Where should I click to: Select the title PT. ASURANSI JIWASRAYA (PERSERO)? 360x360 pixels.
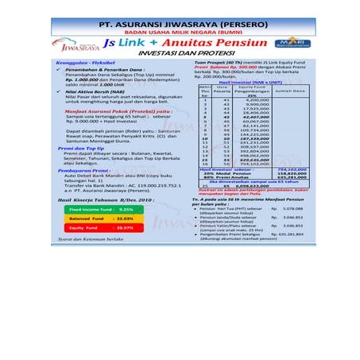point(180,24)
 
